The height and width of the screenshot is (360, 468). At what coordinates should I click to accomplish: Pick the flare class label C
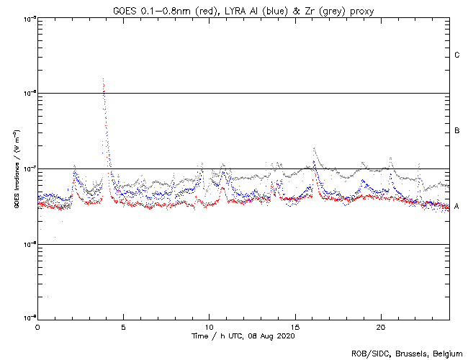pos(457,55)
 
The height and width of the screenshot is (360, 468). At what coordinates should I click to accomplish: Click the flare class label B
pos(457,131)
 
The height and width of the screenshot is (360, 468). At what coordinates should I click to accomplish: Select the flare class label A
pos(457,207)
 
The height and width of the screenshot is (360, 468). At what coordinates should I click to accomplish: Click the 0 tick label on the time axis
pos(37,327)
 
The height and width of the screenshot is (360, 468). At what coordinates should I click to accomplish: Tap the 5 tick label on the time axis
pos(123,327)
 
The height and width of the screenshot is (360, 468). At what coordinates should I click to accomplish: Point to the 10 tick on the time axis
pos(209,327)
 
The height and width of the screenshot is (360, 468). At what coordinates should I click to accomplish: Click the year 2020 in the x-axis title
pos(285,336)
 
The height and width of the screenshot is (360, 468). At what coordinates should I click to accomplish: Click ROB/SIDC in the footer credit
pos(367,354)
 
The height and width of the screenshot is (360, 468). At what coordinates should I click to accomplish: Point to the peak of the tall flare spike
pos(103,79)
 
